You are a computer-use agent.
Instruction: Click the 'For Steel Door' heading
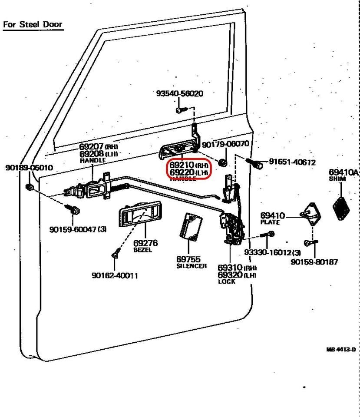[33, 24]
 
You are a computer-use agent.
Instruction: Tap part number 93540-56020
[179, 94]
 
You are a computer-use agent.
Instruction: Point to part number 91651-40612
[292, 162]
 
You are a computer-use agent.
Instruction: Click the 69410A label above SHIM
[343, 173]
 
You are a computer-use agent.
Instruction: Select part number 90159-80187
[314, 262]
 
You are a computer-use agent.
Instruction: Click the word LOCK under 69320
[226, 281]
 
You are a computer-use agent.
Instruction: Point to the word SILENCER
[192, 266]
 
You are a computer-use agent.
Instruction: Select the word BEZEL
[142, 251]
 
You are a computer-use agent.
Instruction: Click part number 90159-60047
[74, 229]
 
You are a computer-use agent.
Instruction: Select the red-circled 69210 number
[182, 165]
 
